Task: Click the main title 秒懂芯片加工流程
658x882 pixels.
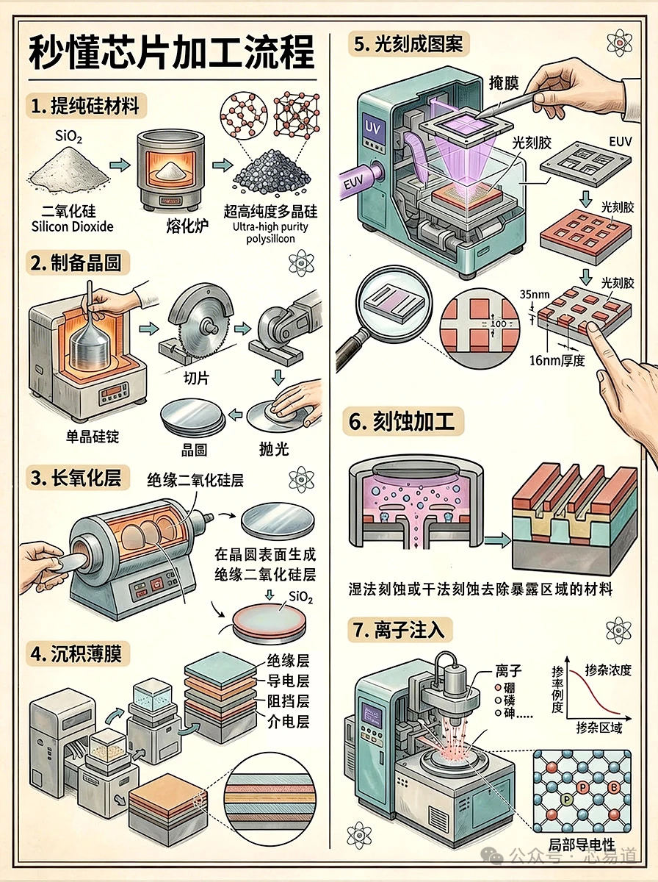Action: pyautogui.click(x=172, y=53)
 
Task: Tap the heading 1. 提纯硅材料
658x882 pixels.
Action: pyautogui.click(x=87, y=107)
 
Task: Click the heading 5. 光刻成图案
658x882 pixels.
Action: pyautogui.click(x=408, y=44)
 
